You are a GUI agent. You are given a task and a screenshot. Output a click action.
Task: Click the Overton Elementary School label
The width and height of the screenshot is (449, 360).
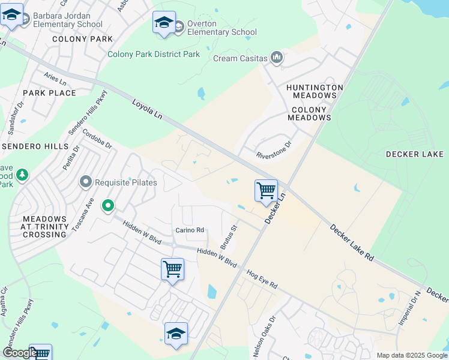[221, 28]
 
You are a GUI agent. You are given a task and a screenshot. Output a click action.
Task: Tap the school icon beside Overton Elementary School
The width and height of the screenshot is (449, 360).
[164, 23]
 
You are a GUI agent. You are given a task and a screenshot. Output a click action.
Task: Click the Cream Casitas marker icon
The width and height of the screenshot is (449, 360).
[277, 58]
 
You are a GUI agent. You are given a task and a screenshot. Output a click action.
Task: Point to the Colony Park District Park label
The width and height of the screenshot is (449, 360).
[154, 54]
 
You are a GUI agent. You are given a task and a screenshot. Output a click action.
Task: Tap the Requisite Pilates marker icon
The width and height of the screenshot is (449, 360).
[86, 182]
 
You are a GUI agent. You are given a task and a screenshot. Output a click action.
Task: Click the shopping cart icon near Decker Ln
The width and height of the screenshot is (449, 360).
[266, 191]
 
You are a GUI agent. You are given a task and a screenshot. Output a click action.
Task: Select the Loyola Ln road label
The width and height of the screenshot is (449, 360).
[147, 112]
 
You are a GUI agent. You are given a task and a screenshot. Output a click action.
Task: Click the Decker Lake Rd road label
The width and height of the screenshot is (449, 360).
[352, 242]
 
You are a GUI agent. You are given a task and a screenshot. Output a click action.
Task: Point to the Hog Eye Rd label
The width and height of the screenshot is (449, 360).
[262, 278]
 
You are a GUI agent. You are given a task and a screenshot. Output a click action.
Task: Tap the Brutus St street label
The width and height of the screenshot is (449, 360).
[229, 237]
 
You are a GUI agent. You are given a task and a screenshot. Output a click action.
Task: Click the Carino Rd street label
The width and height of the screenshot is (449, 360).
[190, 230]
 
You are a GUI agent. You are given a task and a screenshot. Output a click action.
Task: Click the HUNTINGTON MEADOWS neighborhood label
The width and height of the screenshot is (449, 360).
[315, 91]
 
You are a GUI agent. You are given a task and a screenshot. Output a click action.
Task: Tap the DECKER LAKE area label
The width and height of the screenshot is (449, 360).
[415, 154]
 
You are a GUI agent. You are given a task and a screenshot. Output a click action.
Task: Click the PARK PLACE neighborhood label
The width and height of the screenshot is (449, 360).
[49, 93]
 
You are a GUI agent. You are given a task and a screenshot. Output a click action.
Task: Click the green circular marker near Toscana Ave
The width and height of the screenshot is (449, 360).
[108, 206]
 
